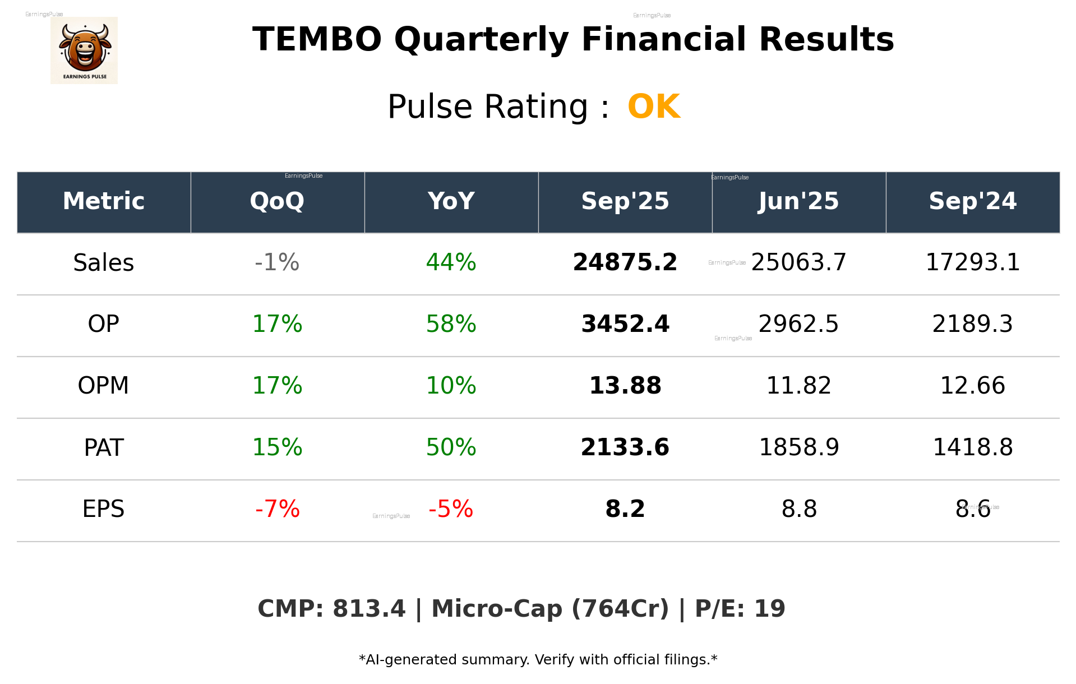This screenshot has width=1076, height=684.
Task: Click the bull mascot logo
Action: pyautogui.click(x=84, y=50)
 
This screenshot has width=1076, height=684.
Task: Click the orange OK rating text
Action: pyautogui.click(x=654, y=107)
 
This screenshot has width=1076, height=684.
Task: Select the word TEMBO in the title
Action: pyautogui.click(x=317, y=40)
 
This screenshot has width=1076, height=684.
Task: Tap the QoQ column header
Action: pyautogui.click(x=277, y=201)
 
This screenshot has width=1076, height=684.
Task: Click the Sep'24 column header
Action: pyautogui.click(x=972, y=201)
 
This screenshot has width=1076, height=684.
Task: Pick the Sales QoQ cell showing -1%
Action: pyautogui.click(x=277, y=262)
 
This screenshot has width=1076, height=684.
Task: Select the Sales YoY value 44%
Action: pyautogui.click(x=451, y=262)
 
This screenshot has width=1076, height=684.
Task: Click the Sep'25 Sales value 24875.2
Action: pyautogui.click(x=625, y=262)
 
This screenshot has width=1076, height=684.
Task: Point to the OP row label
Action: pyautogui.click(x=104, y=324)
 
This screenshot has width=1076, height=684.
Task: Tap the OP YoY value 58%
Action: pyautogui.click(x=451, y=324)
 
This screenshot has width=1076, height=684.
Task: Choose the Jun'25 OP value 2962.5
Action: pyautogui.click(x=798, y=324)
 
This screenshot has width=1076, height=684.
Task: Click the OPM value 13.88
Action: pyautogui.click(x=625, y=386)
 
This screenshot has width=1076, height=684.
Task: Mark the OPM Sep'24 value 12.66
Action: pyautogui.click(x=972, y=386)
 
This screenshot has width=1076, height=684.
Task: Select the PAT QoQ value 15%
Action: pyautogui.click(x=277, y=447)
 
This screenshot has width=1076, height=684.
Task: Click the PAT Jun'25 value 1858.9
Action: pyautogui.click(x=798, y=447)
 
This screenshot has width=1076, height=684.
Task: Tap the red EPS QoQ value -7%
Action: pyautogui.click(x=277, y=509)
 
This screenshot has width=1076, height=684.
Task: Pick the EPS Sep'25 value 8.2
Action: pyautogui.click(x=625, y=509)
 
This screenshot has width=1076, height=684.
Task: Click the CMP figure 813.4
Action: pyautogui.click(x=368, y=609)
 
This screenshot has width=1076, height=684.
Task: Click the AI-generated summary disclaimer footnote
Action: pyautogui.click(x=538, y=660)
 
